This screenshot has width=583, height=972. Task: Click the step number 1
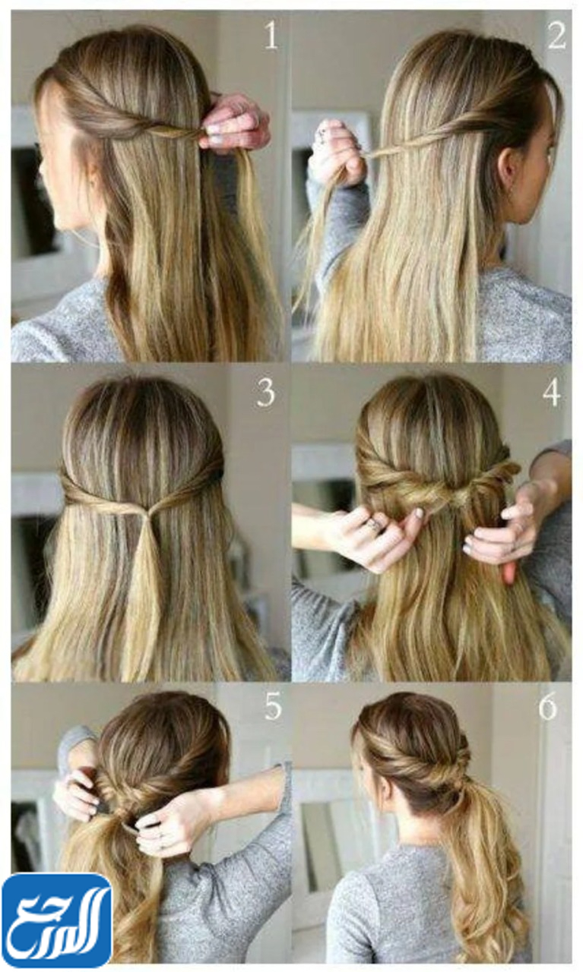coord(271,36)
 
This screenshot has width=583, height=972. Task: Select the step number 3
coord(265,393)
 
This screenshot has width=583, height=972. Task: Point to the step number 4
coord(551,393)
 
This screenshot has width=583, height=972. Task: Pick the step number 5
coord(273,706)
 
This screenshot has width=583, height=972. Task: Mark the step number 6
coord(548,706)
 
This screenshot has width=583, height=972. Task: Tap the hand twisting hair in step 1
coord(236,120)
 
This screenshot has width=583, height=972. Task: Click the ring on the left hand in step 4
coord(372,525)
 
